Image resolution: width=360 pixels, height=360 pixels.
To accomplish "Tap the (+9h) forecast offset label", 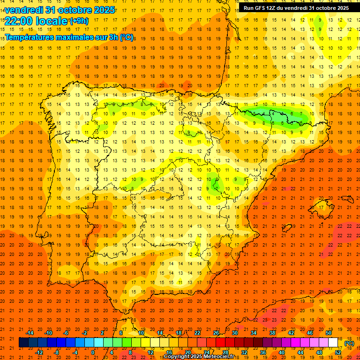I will coord(78,21).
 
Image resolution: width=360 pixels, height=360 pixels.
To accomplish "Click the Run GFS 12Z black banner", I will coord(296,8).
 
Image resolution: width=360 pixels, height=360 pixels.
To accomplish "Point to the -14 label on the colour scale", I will coord(30,333).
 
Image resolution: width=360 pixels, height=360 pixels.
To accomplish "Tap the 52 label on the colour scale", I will coord(338,352).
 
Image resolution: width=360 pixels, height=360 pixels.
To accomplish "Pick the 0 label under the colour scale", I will coord(93,352).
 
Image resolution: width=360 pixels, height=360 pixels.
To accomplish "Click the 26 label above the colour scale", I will coord(216,333).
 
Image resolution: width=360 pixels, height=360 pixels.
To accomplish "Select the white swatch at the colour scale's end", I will coord(333,343).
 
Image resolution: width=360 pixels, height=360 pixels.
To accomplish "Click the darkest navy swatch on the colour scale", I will coord(23,343).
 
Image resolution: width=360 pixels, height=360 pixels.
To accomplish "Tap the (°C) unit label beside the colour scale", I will coord(349,343).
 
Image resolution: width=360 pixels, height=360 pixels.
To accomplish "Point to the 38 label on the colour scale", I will coord(272,333).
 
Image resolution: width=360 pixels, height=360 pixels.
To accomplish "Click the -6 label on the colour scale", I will coord(66,333).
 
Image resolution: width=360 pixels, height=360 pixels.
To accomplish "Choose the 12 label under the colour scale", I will coord(150,352).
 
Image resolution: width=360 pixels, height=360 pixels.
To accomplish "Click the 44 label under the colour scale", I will coord(300,352).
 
